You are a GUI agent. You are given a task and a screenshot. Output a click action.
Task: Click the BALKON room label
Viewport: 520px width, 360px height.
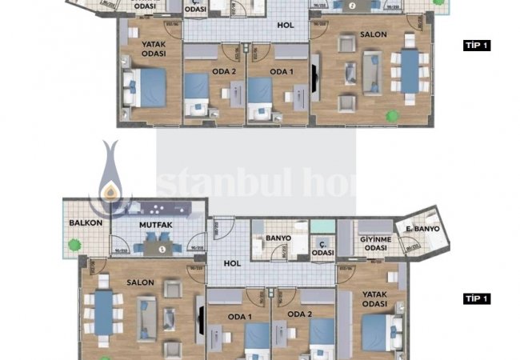click(x=86, y=223)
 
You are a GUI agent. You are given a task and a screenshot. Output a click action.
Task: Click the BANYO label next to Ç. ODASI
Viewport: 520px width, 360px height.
click(x=278, y=238)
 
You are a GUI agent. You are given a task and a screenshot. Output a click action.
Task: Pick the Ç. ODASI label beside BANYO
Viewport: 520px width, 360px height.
click(x=322, y=248)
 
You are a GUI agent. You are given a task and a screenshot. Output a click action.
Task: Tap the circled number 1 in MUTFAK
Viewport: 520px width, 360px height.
click(x=162, y=250)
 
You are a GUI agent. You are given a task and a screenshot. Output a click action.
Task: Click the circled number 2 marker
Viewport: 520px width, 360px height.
click(x=353, y=5)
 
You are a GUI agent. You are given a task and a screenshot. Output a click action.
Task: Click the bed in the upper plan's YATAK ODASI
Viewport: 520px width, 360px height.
click(x=144, y=87)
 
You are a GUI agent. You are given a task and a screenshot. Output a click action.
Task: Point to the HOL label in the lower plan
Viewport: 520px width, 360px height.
click(x=232, y=263)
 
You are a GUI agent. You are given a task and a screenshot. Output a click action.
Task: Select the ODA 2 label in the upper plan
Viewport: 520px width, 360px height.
click(x=223, y=71)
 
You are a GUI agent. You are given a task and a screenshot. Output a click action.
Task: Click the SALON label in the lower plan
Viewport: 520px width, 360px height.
click(x=142, y=282)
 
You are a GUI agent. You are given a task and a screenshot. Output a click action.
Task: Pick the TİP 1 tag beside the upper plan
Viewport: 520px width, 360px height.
click(x=477, y=46)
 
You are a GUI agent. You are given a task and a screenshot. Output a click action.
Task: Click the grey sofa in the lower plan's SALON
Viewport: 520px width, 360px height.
click(x=146, y=316)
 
